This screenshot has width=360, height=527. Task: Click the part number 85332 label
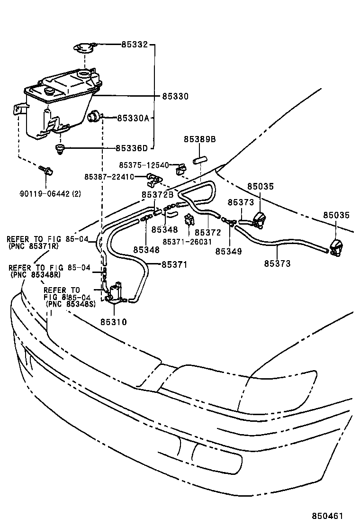click(x=135, y=45)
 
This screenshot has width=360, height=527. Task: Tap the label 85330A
click(x=133, y=118)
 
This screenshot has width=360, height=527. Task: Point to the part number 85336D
click(x=132, y=148)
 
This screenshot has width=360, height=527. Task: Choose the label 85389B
click(x=199, y=139)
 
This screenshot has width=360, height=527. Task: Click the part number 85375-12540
click(x=144, y=165)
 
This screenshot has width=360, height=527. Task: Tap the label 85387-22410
click(x=109, y=177)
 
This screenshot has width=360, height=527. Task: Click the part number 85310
click(x=113, y=321)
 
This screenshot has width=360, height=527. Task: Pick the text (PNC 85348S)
click(x=70, y=304)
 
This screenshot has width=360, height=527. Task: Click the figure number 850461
click(x=326, y=516)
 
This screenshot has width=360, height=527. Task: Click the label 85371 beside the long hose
click(x=174, y=264)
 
